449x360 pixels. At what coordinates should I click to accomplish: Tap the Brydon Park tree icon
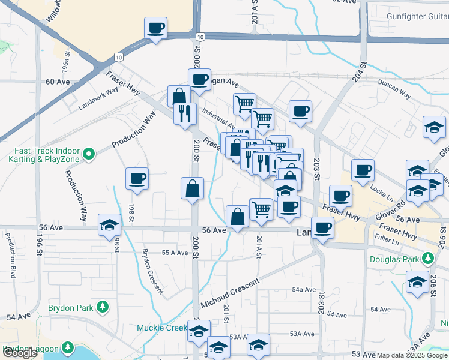click(x=102, y=308)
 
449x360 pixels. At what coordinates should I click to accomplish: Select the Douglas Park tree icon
click(x=427, y=259)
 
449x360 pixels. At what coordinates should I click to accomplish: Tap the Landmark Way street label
click(x=99, y=100)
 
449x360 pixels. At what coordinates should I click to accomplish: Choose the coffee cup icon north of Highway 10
click(x=155, y=28)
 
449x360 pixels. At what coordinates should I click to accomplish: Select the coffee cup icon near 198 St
click(x=137, y=178)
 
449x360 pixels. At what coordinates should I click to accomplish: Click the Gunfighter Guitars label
click(x=417, y=16)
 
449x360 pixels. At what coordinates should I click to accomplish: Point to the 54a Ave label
click(x=304, y=289)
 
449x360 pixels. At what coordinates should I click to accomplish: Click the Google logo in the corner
click(x=20, y=353)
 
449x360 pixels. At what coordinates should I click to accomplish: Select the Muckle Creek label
click(x=162, y=328)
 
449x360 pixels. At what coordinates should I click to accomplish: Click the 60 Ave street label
click(x=58, y=82)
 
